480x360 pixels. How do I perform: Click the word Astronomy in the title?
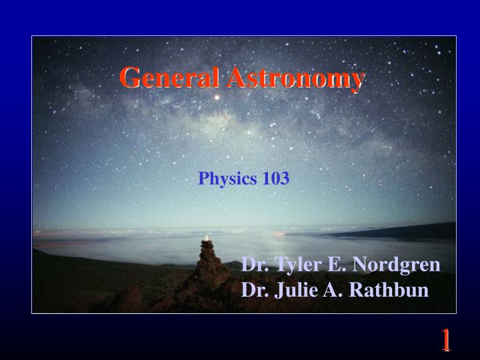coord(295,78)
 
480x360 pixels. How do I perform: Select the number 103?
coord(275,179)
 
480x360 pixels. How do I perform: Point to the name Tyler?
coord(294,265)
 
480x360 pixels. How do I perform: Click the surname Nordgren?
coord(396,265)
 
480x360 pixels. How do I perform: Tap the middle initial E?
coord(333,265)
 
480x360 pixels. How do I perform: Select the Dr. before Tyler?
coord(253,265)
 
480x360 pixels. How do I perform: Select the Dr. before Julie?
coord(253,291)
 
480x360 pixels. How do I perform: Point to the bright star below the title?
coord(215,98)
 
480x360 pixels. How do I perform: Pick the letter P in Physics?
coord(203,179)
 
